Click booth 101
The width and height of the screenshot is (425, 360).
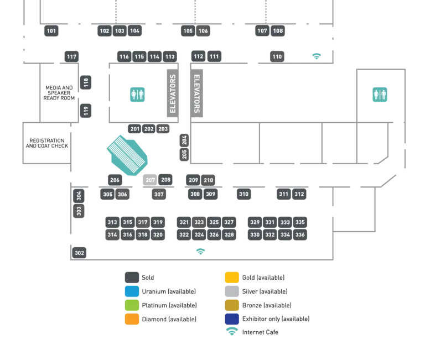point(51,31)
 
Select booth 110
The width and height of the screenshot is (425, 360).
point(277,56)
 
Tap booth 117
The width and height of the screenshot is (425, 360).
point(71,56)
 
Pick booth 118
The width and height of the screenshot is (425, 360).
point(86,83)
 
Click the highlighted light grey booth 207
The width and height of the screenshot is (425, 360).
point(151,180)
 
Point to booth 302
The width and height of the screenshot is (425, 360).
point(80,253)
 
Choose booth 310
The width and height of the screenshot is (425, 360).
point(243,194)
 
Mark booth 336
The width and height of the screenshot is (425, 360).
point(300,234)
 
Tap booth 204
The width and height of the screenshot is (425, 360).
point(184,140)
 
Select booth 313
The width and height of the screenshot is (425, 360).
point(112,222)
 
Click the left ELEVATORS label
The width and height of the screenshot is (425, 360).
point(173,94)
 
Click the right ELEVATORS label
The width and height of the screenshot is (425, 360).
point(196,94)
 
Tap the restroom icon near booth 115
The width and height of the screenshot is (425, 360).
point(137,95)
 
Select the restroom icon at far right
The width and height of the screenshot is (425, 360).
point(380,95)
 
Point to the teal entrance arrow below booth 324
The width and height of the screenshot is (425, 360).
point(201,252)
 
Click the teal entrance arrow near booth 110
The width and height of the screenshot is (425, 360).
point(317,55)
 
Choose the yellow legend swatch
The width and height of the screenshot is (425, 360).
point(232,278)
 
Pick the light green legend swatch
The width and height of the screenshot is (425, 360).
point(132,305)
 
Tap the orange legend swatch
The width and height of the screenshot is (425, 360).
point(132,319)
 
